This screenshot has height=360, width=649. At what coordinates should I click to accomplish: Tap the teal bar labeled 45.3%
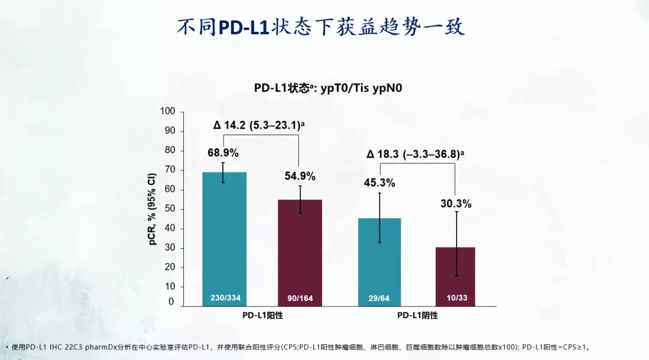point(379,258)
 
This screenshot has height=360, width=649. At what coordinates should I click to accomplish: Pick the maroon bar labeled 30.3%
point(454,273)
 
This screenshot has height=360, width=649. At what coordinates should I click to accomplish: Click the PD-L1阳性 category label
point(262,316)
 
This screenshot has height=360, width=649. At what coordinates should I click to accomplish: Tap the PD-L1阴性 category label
point(417,316)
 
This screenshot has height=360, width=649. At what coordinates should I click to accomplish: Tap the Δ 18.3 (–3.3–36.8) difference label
point(415,154)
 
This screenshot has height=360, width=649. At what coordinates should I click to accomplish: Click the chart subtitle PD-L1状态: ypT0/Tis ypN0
point(328,88)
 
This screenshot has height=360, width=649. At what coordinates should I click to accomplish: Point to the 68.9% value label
point(223,153)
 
